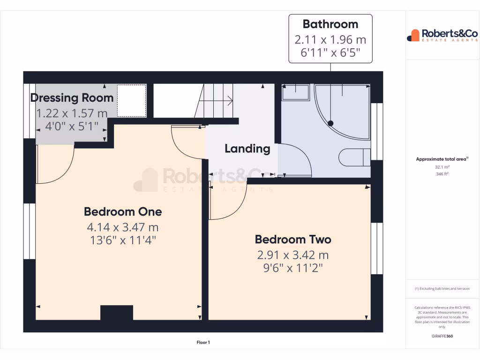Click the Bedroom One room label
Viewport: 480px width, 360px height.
123,211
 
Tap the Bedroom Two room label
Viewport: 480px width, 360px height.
293,240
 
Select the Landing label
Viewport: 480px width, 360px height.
247,149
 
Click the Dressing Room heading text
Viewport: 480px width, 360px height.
72,98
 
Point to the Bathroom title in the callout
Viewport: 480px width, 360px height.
330,24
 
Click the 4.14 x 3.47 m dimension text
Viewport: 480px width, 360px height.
123,227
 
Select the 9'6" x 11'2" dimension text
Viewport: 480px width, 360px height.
293,268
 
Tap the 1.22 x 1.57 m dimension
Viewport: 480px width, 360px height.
72,113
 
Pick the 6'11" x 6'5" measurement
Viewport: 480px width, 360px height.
330,52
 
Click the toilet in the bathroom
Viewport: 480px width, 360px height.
354,157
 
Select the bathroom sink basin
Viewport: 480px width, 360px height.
295,92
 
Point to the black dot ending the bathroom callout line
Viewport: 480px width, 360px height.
330,123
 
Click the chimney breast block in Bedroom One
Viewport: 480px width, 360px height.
117,312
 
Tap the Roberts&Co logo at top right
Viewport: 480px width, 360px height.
442,35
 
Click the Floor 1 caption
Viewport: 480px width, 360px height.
203,343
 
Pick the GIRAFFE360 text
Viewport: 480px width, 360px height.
442,336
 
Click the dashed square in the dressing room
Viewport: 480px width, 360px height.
132,100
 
